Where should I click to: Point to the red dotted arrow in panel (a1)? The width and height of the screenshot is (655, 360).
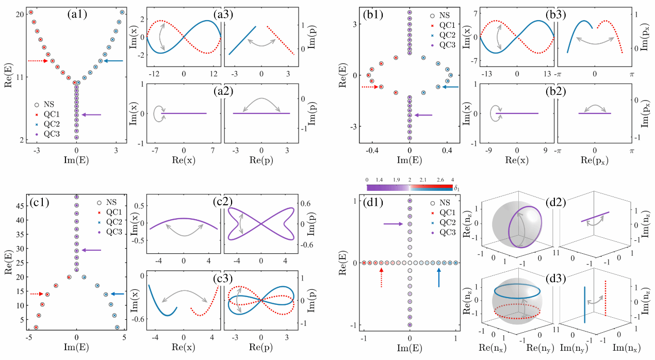(37, 61)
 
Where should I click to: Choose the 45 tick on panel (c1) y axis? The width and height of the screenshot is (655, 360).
(17, 205)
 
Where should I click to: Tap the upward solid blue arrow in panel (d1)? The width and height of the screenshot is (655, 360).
(439, 278)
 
